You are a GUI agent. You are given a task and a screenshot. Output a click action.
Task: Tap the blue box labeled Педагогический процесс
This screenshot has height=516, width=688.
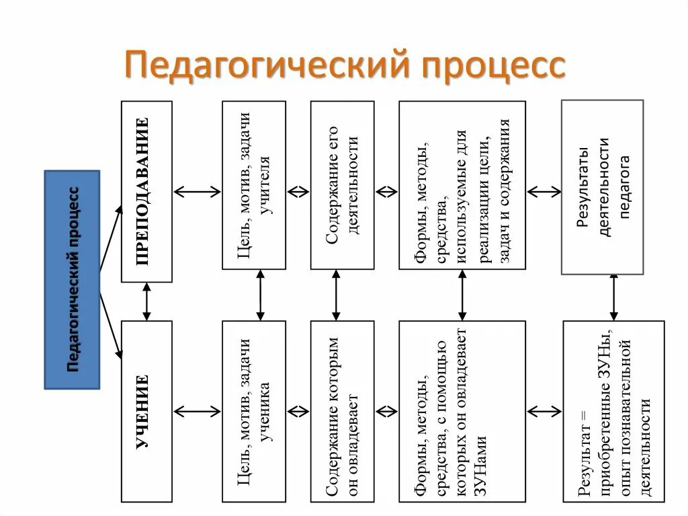(72, 280)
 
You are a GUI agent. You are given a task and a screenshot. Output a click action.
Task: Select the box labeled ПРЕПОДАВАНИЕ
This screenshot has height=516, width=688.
(146, 191)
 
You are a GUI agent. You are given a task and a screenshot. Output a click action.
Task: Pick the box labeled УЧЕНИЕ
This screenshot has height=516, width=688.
(146, 412)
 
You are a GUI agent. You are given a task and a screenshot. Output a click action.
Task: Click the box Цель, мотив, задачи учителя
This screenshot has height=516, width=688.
(254, 185)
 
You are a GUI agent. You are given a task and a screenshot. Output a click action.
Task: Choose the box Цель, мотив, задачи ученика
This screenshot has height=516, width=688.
(254, 412)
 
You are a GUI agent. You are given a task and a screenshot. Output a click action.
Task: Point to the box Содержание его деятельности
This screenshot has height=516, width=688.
(342, 185)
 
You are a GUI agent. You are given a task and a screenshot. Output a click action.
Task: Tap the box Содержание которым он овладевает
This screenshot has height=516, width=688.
(342, 412)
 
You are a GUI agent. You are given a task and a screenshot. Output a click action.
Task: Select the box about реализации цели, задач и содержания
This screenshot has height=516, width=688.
(462, 185)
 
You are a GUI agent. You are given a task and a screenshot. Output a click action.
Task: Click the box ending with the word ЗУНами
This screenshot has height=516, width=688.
(462, 412)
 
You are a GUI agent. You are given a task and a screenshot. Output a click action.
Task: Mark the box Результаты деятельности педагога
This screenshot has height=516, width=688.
(602, 187)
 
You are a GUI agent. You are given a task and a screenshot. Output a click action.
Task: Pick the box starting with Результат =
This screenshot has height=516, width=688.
(613, 412)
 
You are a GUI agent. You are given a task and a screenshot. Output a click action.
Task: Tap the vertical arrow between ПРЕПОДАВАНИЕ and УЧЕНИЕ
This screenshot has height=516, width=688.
(146, 301)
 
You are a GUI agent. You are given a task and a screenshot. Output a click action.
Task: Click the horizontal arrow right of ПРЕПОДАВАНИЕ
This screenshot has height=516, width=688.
(198, 191)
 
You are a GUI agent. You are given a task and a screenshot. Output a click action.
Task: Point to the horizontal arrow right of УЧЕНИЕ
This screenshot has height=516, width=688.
(198, 411)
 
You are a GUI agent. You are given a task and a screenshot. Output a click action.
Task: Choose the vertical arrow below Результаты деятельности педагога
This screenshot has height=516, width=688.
(613, 297)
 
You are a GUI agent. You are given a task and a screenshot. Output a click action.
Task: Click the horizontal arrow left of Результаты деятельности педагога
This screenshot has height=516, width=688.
(544, 191)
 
